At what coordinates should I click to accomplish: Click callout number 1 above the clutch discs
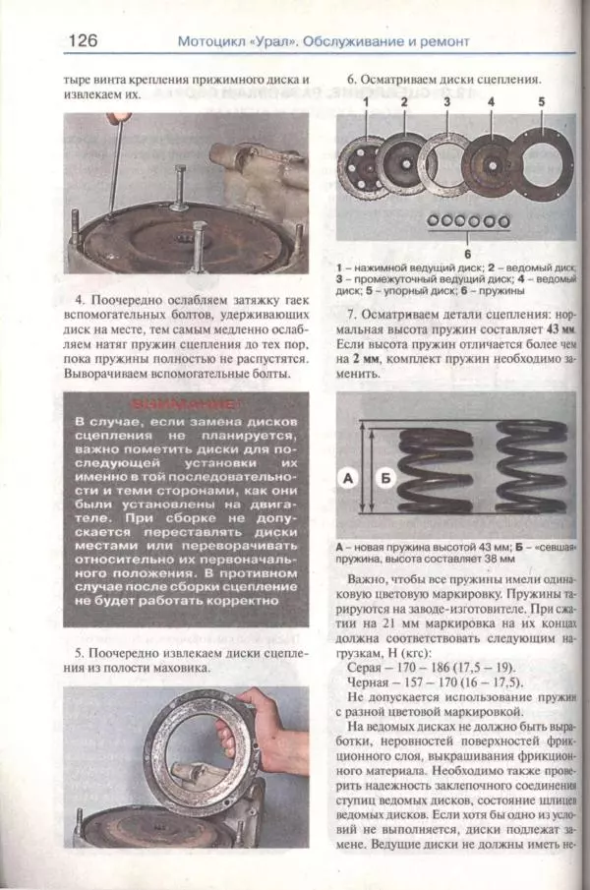(x=365, y=102)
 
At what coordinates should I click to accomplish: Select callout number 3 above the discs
(x=446, y=102)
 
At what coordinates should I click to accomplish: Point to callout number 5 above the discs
(x=540, y=102)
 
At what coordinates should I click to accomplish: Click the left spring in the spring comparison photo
(x=426, y=468)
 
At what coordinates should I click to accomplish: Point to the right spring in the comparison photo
(x=532, y=466)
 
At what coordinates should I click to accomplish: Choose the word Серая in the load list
(x=369, y=666)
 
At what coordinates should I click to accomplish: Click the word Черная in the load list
(x=373, y=682)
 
